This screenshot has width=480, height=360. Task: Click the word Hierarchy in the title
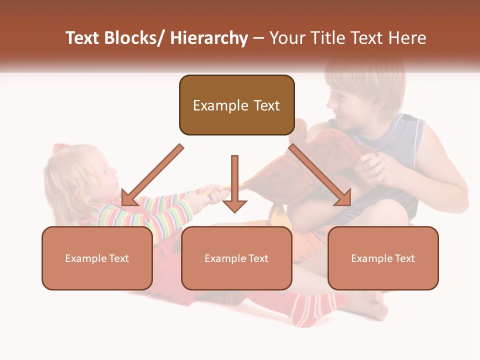click(208, 38)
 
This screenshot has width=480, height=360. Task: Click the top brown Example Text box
click(236, 105)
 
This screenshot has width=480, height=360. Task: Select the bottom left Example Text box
click(97, 258)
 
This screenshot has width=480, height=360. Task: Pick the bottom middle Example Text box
click(236, 258)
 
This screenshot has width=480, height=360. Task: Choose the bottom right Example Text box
click(383, 258)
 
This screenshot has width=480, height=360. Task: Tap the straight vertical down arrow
click(234, 183)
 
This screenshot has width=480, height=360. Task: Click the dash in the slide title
click(258, 38)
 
